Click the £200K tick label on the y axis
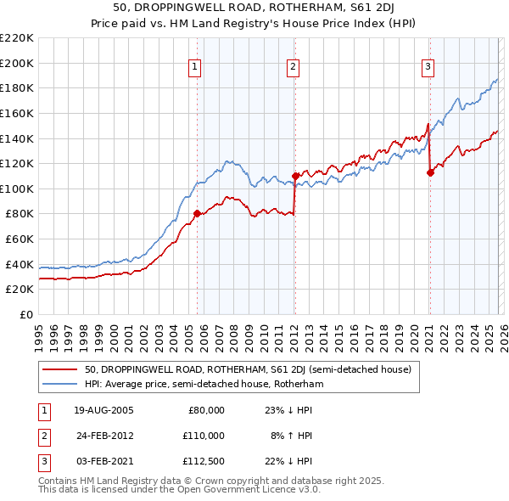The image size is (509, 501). [x=17, y=63]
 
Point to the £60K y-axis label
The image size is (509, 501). [x=20, y=239]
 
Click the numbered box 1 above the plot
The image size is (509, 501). [x=196, y=67]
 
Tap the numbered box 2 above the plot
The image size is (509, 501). [x=293, y=67]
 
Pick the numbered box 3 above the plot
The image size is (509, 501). [x=428, y=67]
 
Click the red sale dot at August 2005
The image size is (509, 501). [x=197, y=214]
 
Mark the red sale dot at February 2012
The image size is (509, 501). [x=294, y=176]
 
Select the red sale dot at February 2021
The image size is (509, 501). [x=430, y=172]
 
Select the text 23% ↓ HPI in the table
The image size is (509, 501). [x=285, y=410]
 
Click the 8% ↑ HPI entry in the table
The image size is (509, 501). [x=289, y=435]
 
